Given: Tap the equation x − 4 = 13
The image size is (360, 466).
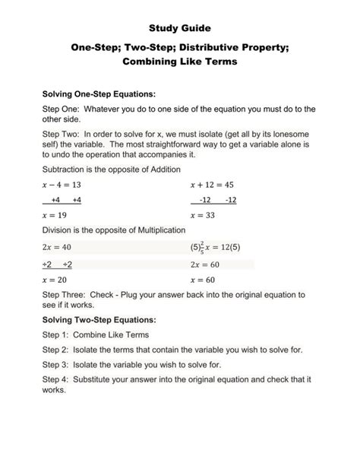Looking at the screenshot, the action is (62, 185).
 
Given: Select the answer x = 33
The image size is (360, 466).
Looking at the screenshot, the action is (204, 215).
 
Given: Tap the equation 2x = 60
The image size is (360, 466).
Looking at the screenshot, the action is (205, 265).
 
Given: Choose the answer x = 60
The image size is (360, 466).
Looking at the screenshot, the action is (204, 280).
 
